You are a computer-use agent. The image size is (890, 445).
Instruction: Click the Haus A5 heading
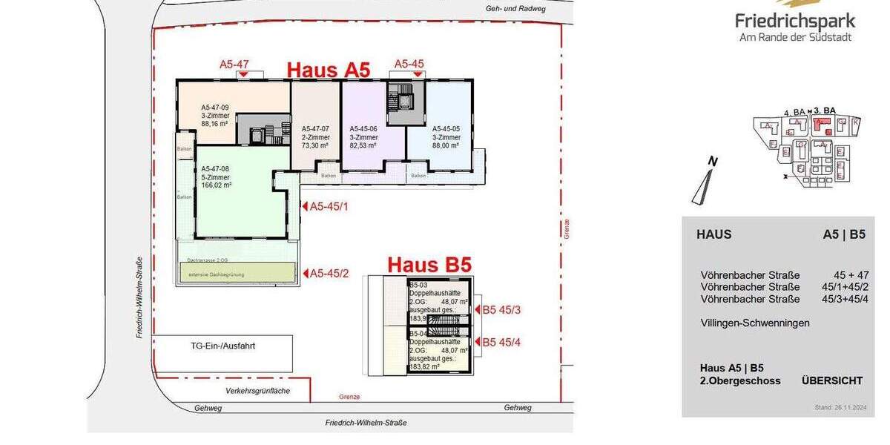coord(328,69)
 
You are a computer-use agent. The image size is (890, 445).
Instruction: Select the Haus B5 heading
coord(429,265)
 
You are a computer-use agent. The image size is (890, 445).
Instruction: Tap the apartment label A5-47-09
coord(215,108)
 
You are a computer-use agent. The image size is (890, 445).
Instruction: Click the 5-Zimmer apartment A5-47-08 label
coord(215,169)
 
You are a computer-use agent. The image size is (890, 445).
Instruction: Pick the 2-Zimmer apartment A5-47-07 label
coord(314,128)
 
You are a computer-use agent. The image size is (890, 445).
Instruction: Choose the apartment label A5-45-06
coord(363,128)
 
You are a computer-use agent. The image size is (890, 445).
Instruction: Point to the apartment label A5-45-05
coord(446,128)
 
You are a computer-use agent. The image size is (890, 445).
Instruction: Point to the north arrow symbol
coord(703,182)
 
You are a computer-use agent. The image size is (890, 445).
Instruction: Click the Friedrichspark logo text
coord(794,21)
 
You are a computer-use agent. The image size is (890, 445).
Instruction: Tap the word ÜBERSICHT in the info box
coord(831,380)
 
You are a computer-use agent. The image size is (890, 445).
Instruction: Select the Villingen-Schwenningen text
coord(755,323)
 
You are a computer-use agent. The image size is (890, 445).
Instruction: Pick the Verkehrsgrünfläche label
coord(258,390)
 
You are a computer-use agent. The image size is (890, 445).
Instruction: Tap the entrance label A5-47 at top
coord(234,65)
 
